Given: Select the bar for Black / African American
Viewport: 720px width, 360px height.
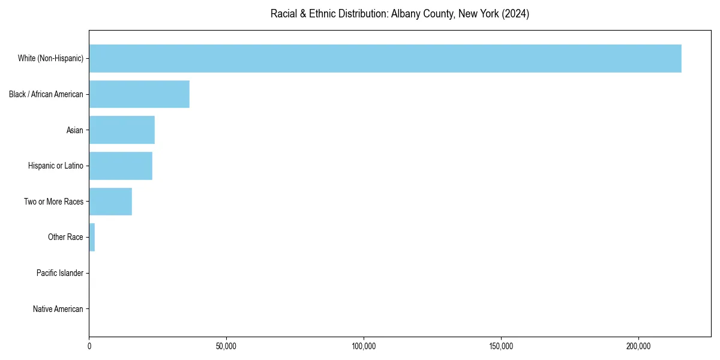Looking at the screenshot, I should [x=139, y=94].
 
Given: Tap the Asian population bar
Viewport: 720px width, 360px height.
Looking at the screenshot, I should [x=122, y=130].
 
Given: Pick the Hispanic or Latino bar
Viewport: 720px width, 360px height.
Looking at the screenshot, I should [x=121, y=166].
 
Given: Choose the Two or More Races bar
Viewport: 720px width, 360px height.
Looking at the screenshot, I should [x=110, y=202].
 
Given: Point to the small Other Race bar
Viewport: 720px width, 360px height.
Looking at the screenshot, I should [x=92, y=237].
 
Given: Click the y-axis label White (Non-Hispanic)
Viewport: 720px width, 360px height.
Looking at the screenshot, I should [x=50, y=58].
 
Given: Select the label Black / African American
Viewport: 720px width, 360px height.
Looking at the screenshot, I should [x=46, y=94].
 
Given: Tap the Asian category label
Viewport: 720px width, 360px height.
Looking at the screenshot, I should [x=75, y=130].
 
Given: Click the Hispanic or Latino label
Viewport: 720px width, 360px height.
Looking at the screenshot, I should [x=56, y=166].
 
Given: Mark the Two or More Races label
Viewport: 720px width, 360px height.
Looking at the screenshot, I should [x=53, y=202].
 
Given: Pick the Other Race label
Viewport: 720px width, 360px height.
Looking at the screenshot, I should [x=65, y=237].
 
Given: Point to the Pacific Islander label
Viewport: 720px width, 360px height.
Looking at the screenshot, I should [x=60, y=273].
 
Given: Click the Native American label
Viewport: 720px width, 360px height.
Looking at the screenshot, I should [x=58, y=309].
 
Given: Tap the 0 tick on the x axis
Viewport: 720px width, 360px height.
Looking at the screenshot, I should [x=89, y=347].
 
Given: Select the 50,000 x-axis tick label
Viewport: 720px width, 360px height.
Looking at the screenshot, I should [x=226, y=347].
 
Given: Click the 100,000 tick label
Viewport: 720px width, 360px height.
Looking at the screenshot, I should [x=364, y=347].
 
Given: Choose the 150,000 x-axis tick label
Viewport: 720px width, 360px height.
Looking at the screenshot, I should [x=501, y=347].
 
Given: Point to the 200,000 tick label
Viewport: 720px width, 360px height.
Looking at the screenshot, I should [x=638, y=347].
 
